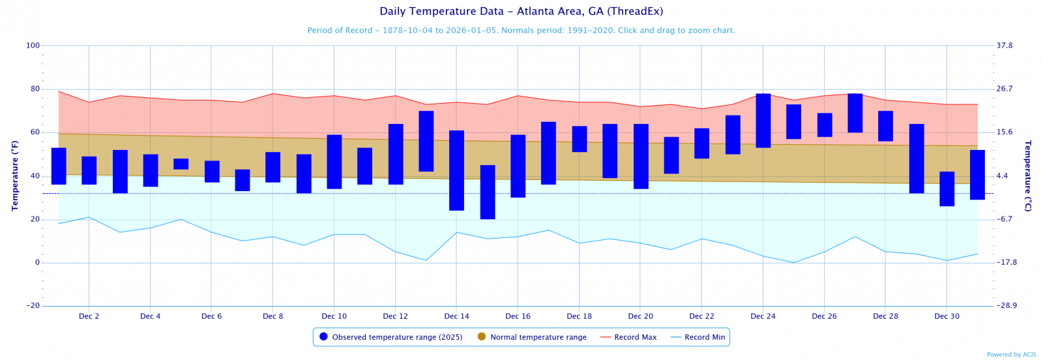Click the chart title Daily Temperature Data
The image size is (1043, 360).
tap(521, 11)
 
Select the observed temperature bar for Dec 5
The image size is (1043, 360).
tap(181, 164)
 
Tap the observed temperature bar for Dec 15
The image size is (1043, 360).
tap(488, 192)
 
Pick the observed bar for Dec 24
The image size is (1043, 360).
tap(763, 121)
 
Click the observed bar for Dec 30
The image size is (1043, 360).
tap(947, 189)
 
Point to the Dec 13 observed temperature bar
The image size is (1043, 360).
tap(426, 142)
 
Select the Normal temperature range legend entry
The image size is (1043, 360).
tap(538, 337)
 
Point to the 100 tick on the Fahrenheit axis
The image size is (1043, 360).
tap(33, 46)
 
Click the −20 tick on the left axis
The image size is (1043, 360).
tap(33, 306)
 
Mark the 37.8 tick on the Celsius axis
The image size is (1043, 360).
tap(1005, 46)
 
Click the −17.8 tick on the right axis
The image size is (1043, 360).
tap(1006, 263)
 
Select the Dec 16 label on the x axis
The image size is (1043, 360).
tap(518, 316)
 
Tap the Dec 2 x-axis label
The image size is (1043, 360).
tap(89, 316)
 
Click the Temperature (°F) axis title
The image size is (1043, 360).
tap(14, 175)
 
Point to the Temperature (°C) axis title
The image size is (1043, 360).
tap(1028, 175)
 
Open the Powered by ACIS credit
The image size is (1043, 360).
tap(1011, 355)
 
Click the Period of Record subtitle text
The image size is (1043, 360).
tap(521, 31)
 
